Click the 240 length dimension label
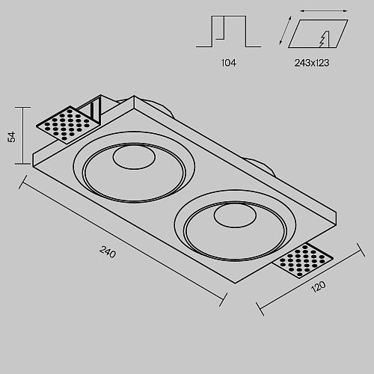point(108,251)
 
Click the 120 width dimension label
point(319,286)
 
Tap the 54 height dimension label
point(11,137)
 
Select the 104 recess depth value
point(229,63)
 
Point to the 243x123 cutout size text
point(312,63)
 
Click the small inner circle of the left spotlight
point(134,157)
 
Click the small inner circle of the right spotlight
point(235,215)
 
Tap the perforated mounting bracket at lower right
point(302,260)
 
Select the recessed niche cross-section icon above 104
point(228,31)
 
